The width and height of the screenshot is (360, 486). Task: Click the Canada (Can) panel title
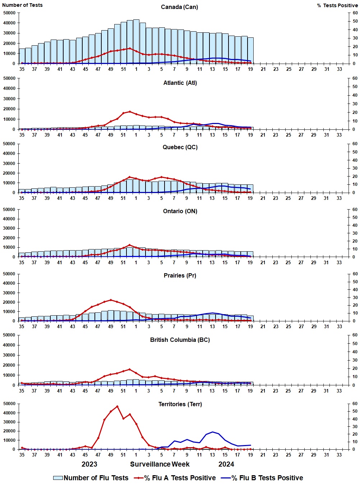click(x=179, y=7)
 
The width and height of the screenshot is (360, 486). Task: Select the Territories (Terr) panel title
click(x=180, y=404)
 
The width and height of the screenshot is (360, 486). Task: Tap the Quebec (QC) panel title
click(x=180, y=147)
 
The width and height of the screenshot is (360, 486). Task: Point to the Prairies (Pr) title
click(x=180, y=275)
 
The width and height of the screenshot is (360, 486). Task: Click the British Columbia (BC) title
click(x=180, y=340)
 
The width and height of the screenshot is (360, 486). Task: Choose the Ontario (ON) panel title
click(x=180, y=211)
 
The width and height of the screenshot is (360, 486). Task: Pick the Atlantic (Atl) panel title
click(x=180, y=83)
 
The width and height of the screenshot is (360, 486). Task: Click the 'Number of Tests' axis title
click(x=22, y=5)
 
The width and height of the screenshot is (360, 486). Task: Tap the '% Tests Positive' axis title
click(x=337, y=5)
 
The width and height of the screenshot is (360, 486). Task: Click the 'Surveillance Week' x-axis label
click(x=160, y=464)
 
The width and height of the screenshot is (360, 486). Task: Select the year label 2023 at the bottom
click(x=89, y=464)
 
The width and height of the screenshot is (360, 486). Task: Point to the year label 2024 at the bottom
click(x=226, y=464)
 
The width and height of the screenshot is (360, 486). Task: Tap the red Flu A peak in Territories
click(x=117, y=406)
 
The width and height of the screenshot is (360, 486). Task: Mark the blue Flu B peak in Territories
click(x=213, y=432)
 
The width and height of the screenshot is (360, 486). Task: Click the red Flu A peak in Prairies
click(x=111, y=300)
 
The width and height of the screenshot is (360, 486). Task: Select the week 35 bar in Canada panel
click(x=22, y=56)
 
